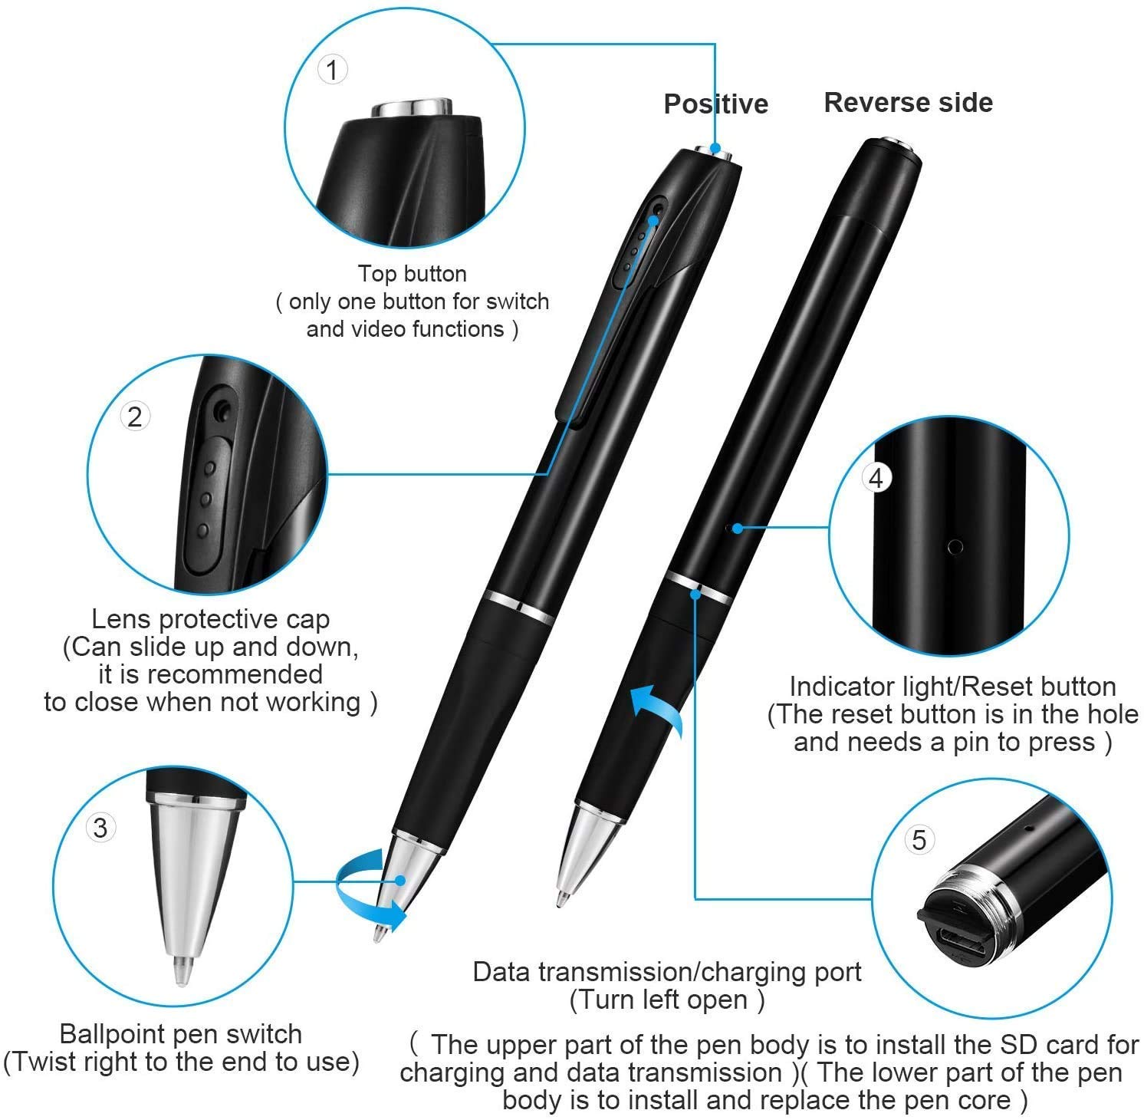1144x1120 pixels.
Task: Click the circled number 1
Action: click(332, 70)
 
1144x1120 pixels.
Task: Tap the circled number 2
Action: click(135, 417)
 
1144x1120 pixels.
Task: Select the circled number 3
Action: click(100, 828)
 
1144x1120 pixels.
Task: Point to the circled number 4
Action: click(876, 479)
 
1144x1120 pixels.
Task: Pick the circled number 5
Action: click(919, 840)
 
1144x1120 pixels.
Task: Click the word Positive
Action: click(716, 104)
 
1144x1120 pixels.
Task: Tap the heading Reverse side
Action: click(908, 102)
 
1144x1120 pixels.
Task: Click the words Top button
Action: click(413, 274)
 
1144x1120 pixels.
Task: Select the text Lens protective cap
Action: click(210, 619)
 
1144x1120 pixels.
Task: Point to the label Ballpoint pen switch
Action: click(180, 1034)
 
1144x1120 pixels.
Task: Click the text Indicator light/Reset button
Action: click(952, 687)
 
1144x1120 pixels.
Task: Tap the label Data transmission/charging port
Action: click(667, 972)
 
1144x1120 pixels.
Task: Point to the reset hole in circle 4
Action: click(955, 547)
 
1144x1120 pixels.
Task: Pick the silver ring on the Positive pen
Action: click(519, 607)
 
